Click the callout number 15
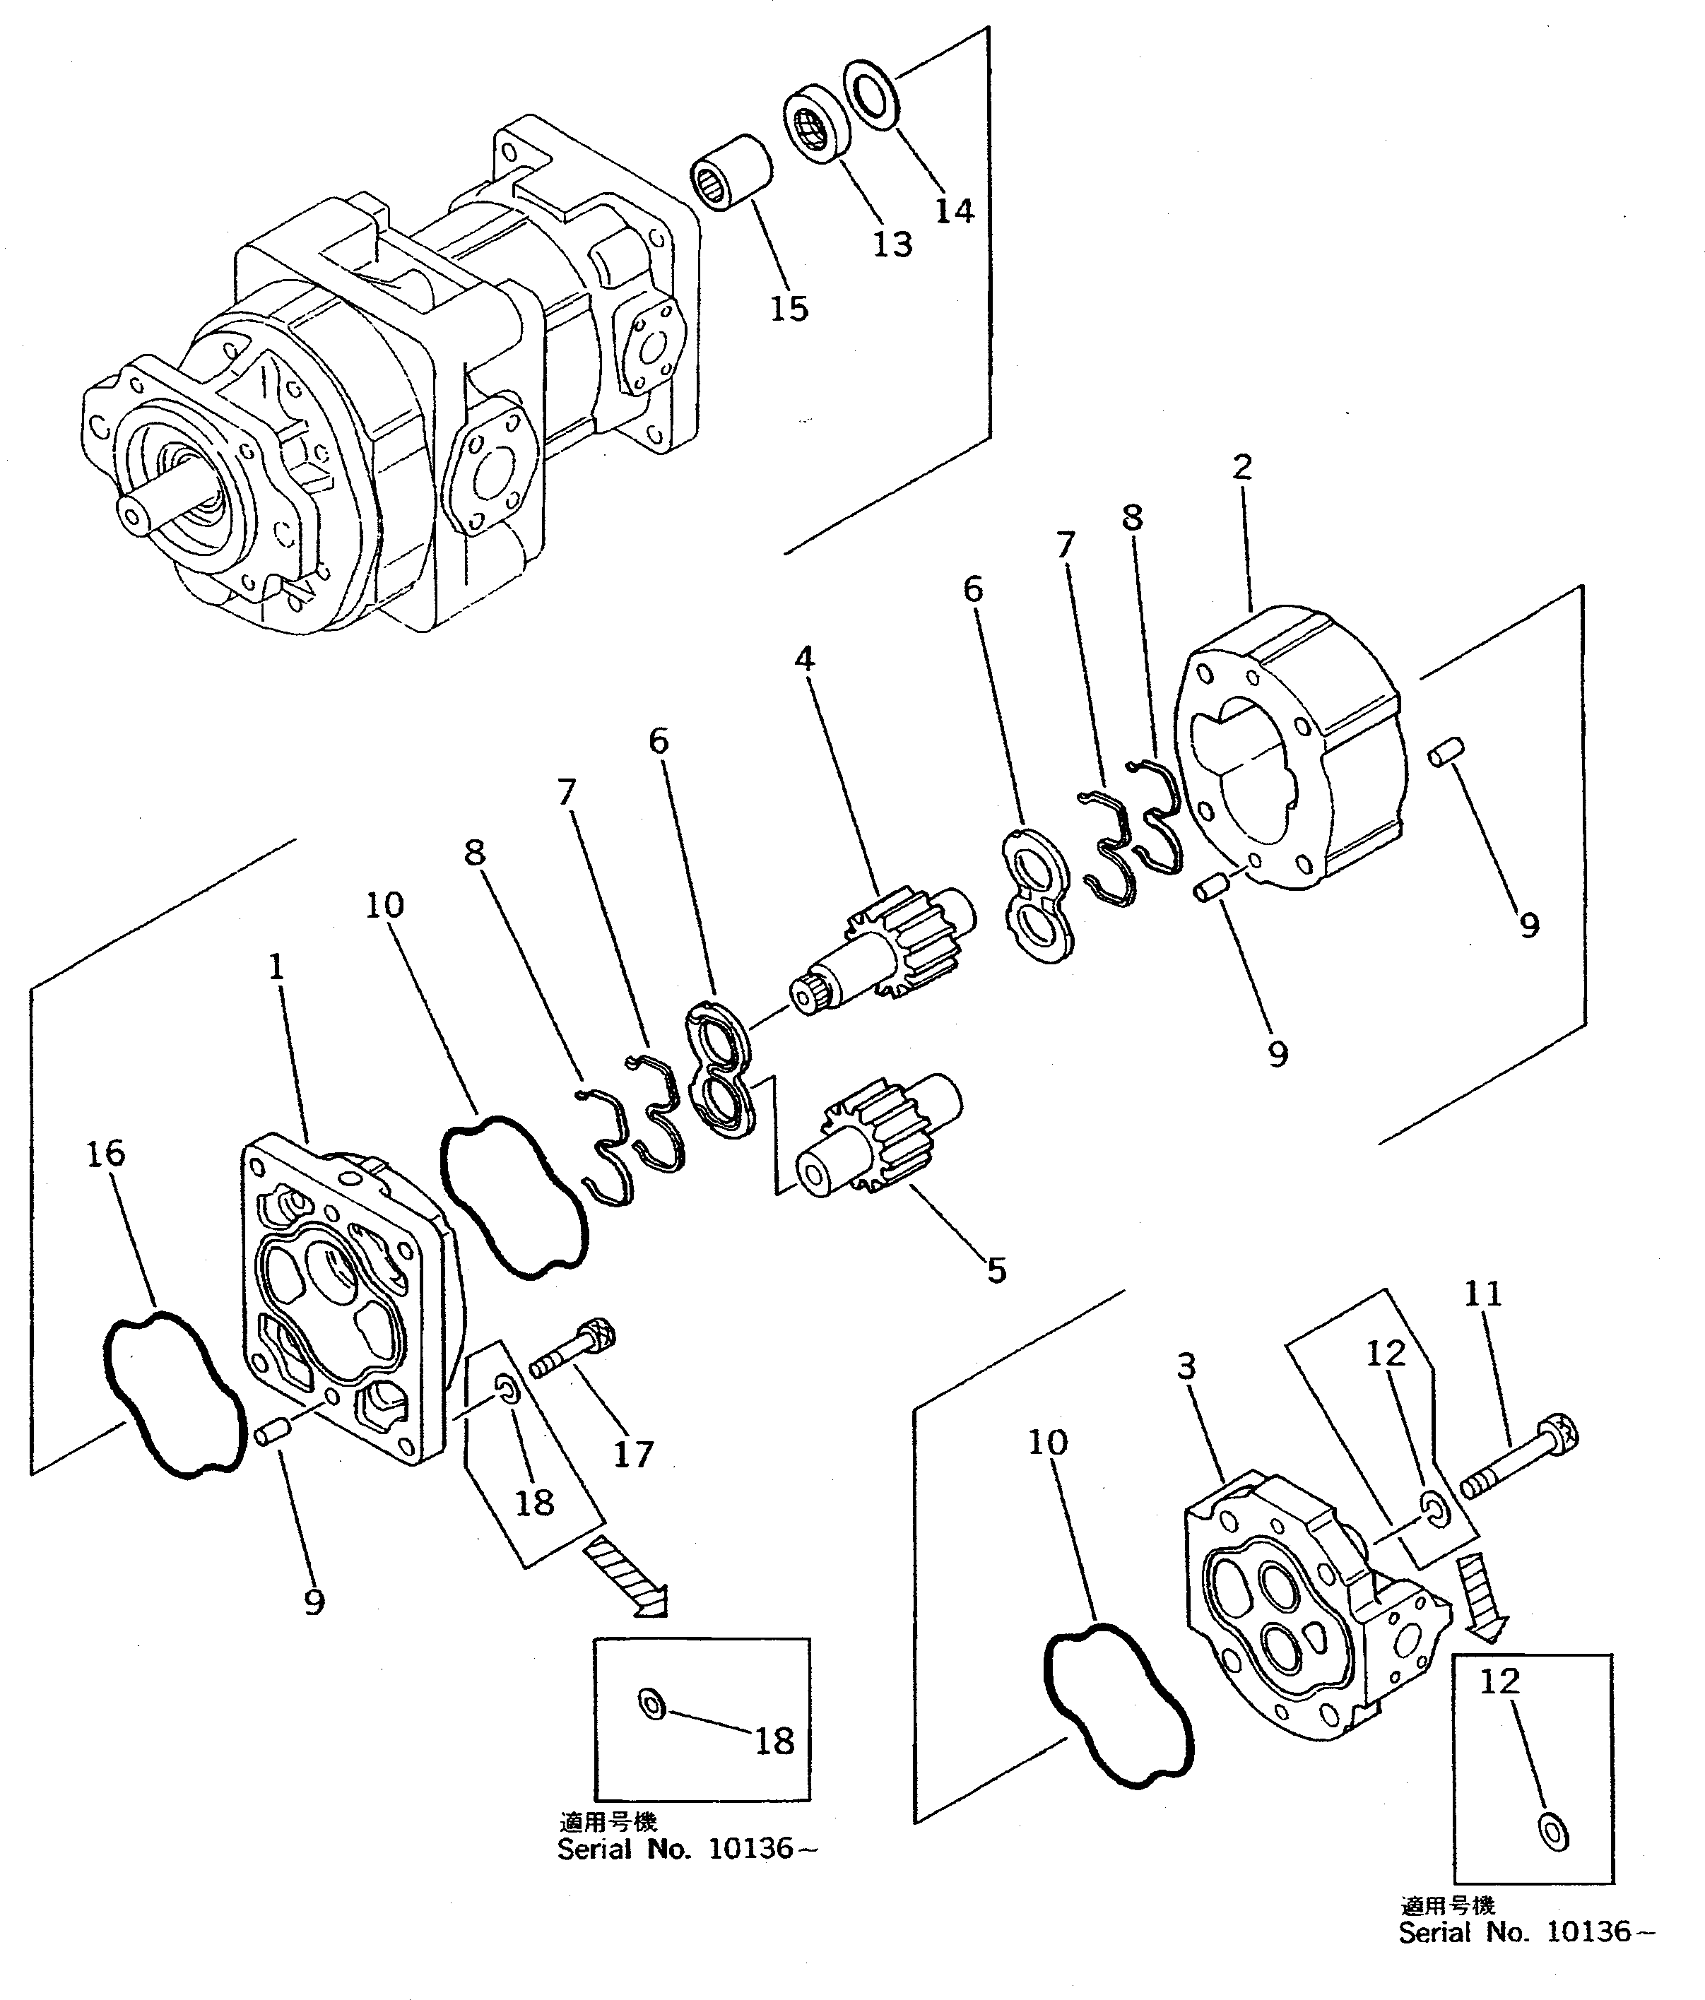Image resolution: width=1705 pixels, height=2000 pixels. [788, 308]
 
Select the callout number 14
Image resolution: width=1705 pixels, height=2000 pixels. [953, 211]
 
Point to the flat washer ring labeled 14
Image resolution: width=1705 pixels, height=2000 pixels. [872, 94]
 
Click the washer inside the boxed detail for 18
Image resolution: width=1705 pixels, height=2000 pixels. [651, 1705]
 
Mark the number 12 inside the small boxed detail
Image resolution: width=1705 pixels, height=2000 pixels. [1499, 1681]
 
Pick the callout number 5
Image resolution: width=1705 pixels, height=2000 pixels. [996, 1270]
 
